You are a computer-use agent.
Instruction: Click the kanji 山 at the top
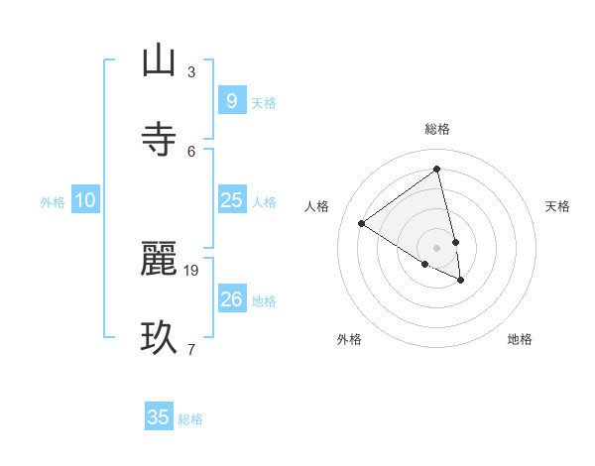(158, 60)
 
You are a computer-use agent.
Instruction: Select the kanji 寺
(158, 139)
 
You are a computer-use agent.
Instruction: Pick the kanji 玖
(158, 337)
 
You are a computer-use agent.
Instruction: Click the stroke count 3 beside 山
(191, 71)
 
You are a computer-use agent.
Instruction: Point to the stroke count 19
(192, 270)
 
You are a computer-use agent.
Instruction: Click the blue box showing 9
(231, 101)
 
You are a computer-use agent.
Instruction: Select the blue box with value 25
(231, 200)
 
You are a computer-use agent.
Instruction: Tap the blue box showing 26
(231, 299)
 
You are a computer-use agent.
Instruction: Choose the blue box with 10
(85, 200)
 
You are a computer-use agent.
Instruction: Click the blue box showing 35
(159, 417)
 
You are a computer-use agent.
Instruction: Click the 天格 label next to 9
(264, 103)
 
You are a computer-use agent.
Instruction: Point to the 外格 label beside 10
(53, 202)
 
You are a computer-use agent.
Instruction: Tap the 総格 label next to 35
(190, 419)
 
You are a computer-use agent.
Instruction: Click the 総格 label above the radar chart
(437, 129)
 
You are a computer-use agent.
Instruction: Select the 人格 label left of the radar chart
(317, 206)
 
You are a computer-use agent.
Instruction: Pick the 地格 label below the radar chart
(520, 339)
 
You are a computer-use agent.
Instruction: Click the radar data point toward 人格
(361, 224)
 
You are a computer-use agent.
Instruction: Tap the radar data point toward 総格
(436, 169)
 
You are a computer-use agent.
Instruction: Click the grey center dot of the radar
(436, 248)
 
